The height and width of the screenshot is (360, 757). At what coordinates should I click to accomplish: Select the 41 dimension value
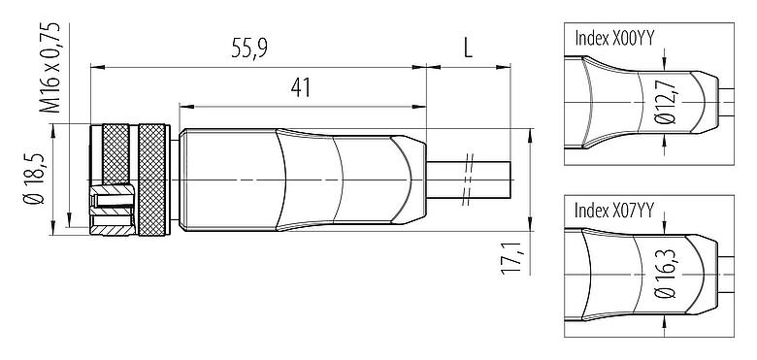click(300, 87)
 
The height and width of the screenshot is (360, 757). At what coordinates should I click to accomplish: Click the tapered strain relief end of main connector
click(408, 180)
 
